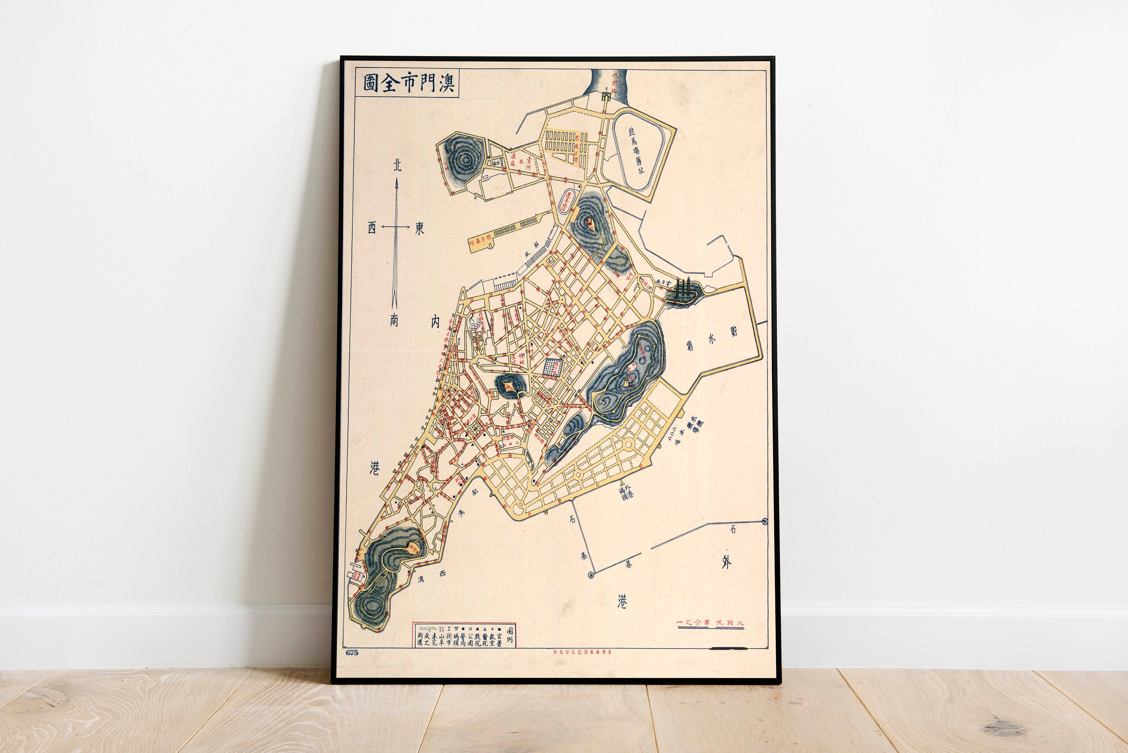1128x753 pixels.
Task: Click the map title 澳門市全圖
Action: pos(408,83)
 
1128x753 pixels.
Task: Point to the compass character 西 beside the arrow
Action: pos(371,228)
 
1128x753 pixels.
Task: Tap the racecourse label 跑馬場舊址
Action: pos(637,150)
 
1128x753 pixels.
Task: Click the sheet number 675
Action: pos(352,652)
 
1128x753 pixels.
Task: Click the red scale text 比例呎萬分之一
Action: pos(710,622)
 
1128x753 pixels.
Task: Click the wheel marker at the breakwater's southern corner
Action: pos(591,574)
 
